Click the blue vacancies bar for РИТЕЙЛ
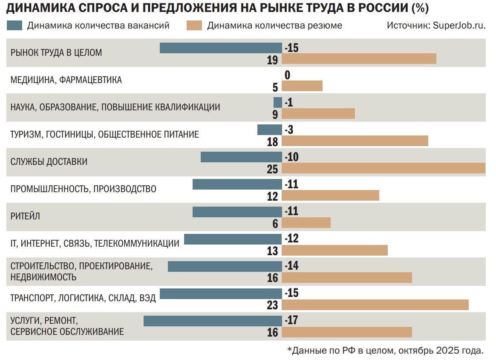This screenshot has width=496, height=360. tap(237, 212)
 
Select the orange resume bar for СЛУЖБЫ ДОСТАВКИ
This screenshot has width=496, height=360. tap(384, 168)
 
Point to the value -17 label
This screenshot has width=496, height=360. tap(291, 320)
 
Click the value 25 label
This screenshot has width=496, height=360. tap(272, 169)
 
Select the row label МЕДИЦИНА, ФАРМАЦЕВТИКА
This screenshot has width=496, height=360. tap(66, 80)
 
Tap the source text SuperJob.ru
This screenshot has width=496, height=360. tap(459, 26)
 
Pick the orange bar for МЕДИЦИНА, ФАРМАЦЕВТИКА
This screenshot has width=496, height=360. tap(302, 86)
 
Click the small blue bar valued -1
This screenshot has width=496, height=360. tap(277, 103)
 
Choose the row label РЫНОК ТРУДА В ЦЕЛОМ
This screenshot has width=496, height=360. tap(56, 53)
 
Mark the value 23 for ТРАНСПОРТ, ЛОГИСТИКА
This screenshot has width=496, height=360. tap(272, 305)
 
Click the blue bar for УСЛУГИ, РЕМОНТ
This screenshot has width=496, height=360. tap(213, 321)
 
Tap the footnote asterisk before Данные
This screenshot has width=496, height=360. tap(290, 350)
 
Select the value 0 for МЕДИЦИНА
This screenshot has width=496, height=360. tap(288, 75)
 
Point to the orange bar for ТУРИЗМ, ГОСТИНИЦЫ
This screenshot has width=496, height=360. tap(355, 141)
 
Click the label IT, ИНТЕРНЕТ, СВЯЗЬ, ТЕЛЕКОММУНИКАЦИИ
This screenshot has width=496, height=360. tap(95, 243)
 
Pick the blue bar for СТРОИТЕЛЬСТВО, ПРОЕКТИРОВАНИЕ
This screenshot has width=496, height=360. tap(225, 266)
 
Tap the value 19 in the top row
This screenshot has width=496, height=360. tap(272, 60)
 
